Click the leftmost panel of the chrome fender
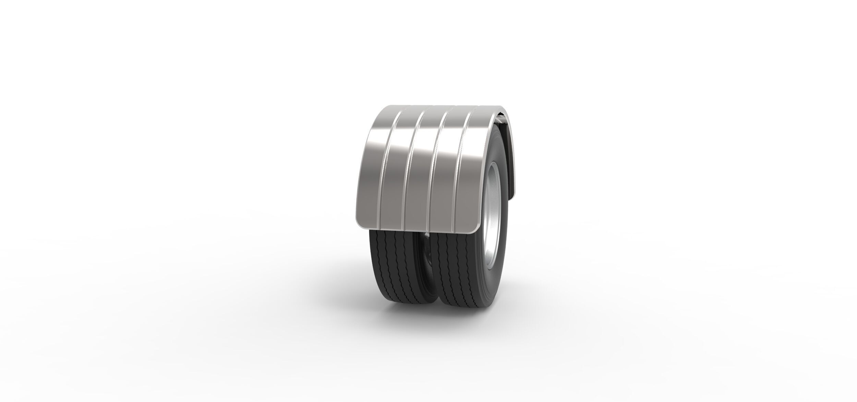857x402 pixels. [x=372, y=165]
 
